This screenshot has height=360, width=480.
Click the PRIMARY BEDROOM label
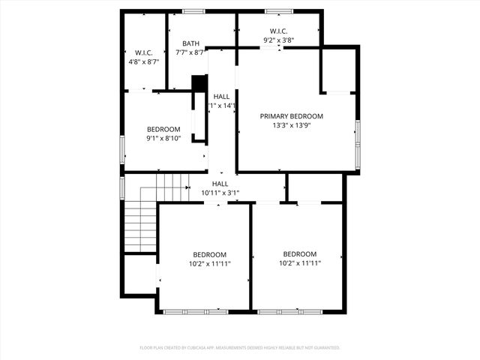(291, 116)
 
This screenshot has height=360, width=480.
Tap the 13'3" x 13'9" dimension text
(291, 126)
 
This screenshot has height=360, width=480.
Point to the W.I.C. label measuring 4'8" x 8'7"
(144, 52)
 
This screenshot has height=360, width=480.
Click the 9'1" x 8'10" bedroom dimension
(163, 139)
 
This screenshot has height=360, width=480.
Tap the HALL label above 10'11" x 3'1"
(220, 184)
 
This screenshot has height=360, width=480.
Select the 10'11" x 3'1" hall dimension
(220, 193)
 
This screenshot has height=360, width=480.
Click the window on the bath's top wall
(194, 11)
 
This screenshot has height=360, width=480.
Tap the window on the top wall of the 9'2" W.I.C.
(278, 11)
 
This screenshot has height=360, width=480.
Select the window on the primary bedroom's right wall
(358, 133)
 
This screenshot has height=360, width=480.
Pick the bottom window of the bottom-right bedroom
(299, 310)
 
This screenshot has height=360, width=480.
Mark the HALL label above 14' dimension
(221, 97)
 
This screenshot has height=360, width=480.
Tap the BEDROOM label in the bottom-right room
(299, 254)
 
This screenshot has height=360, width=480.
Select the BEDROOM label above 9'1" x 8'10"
(163, 129)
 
